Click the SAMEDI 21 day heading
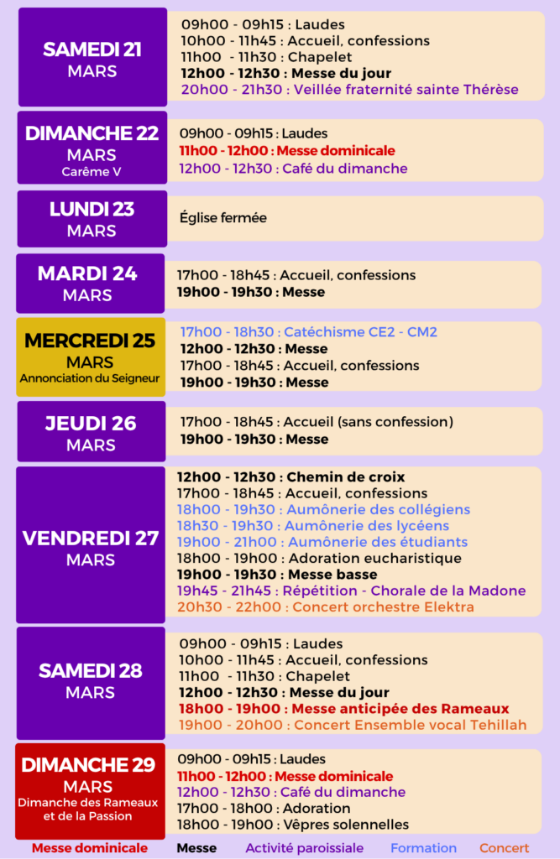(92, 49)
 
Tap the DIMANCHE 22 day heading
(92, 133)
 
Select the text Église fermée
(222, 218)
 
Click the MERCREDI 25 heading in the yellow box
(91, 341)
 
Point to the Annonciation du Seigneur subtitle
(91, 378)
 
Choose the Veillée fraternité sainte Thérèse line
(349, 90)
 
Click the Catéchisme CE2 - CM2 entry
(308, 332)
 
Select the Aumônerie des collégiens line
(323, 509)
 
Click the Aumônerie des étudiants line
(322, 542)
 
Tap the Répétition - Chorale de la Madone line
(351, 591)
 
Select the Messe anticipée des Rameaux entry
(343, 709)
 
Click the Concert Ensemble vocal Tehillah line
(352, 725)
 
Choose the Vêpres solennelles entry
(293, 825)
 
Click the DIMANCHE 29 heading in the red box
(89, 765)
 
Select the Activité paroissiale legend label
(304, 848)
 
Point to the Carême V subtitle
(92, 172)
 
